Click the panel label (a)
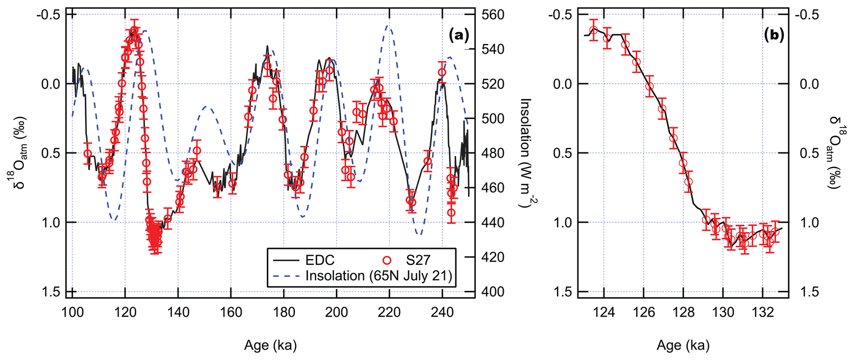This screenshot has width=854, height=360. click(459, 36)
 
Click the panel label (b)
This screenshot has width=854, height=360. click(774, 36)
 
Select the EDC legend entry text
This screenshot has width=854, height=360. click(320, 260)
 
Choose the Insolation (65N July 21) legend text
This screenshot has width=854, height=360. click(378, 276)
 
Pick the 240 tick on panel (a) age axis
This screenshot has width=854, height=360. click(442, 312)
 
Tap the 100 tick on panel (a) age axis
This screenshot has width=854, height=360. click(72, 312)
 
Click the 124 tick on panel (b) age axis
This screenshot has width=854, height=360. click(604, 312)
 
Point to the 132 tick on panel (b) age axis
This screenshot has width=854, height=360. click(762, 312)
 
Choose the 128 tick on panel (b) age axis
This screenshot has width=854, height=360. click(683, 312)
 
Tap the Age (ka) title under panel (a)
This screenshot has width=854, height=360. click(271, 345)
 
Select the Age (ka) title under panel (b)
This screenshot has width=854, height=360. click(683, 345)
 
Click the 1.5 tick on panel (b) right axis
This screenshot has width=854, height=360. click(808, 292)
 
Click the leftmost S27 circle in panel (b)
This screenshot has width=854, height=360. click(594, 30)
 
